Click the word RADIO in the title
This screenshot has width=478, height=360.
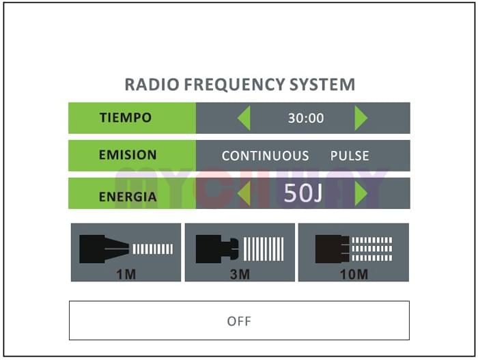152,85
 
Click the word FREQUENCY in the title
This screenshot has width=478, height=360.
234,85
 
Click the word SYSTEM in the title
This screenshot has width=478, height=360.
322,85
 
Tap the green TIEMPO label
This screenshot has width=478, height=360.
132,117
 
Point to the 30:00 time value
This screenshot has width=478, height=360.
306,118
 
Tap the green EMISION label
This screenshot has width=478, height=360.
132,155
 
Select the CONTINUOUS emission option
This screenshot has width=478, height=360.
265,156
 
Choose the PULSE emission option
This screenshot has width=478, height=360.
350,156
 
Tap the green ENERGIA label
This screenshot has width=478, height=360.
132,193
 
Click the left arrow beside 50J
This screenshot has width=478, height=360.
244,193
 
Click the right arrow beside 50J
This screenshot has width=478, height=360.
361,193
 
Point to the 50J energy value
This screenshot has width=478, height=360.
303,193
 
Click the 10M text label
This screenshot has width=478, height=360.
354,275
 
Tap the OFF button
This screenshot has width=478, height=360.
239,320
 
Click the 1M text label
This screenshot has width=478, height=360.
126,275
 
